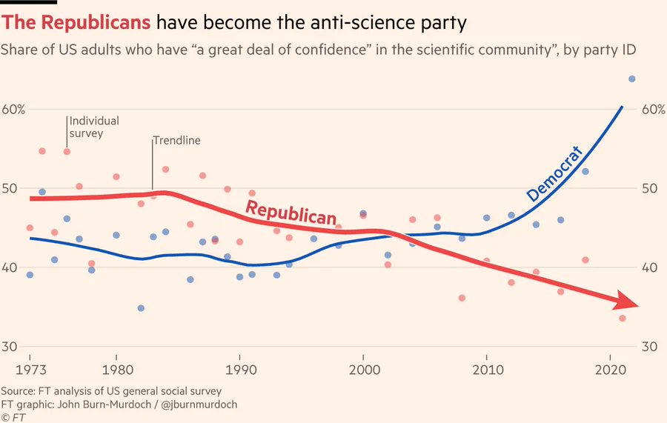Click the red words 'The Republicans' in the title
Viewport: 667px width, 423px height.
77,23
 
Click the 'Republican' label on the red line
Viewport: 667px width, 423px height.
291,213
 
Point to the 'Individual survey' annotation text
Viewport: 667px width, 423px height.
93,127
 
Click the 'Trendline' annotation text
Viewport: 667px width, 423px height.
176,140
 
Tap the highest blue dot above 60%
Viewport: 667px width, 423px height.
632,79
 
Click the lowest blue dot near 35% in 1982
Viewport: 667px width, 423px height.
141,308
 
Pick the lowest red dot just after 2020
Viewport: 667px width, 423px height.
623,318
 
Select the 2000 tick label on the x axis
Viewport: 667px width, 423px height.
363,368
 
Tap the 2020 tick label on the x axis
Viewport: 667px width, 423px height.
609,368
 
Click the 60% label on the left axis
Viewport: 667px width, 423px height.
14,109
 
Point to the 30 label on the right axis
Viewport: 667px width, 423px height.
648,347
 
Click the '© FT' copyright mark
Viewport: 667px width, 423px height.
13,417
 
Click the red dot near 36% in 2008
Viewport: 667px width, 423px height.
462,298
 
